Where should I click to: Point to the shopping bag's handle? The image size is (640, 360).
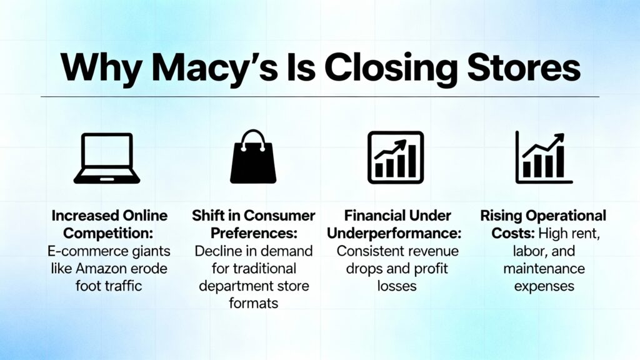pyautogui.click(x=253, y=137)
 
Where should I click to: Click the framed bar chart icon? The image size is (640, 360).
pyautogui.click(x=395, y=157)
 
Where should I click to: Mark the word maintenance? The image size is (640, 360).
pyautogui.click(x=542, y=269)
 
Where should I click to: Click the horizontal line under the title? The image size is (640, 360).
pyautogui.click(x=320, y=97)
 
